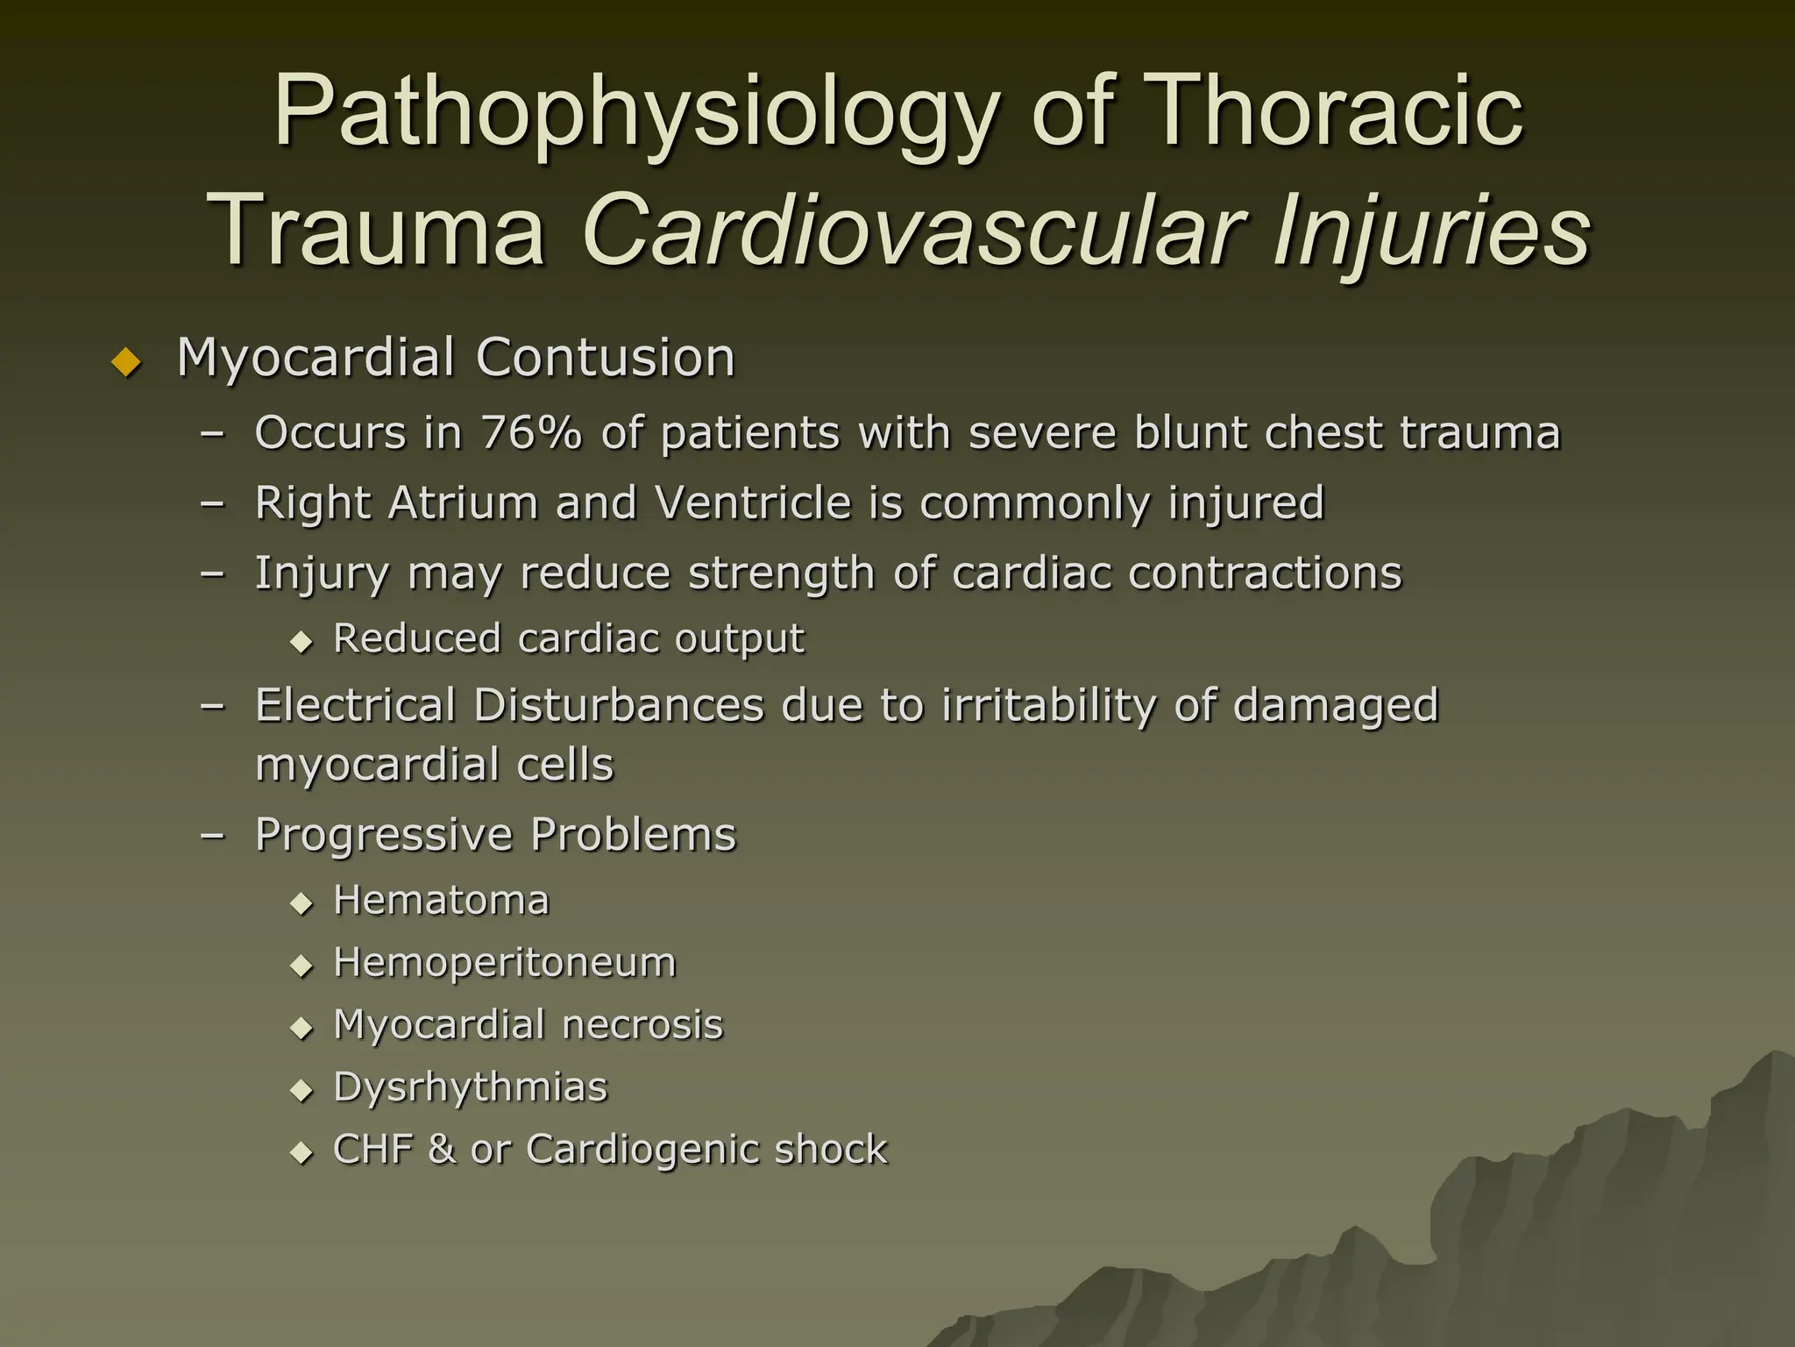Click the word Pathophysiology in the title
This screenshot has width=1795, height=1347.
(636, 114)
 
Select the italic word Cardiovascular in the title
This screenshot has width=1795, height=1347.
(912, 230)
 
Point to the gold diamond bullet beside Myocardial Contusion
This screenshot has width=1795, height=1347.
(127, 361)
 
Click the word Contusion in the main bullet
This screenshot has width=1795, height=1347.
(605, 358)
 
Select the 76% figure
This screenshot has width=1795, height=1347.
(530, 432)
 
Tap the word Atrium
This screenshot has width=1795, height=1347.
(463, 502)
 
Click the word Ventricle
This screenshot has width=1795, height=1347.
(754, 502)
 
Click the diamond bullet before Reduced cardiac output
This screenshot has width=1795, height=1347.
(302, 642)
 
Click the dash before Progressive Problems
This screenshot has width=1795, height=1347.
(212, 836)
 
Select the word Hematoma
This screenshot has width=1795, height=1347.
(441, 901)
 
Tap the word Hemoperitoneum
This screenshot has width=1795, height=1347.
(505, 963)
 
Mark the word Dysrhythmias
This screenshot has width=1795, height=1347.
(471, 1087)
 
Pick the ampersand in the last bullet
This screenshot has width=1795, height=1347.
(442, 1150)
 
